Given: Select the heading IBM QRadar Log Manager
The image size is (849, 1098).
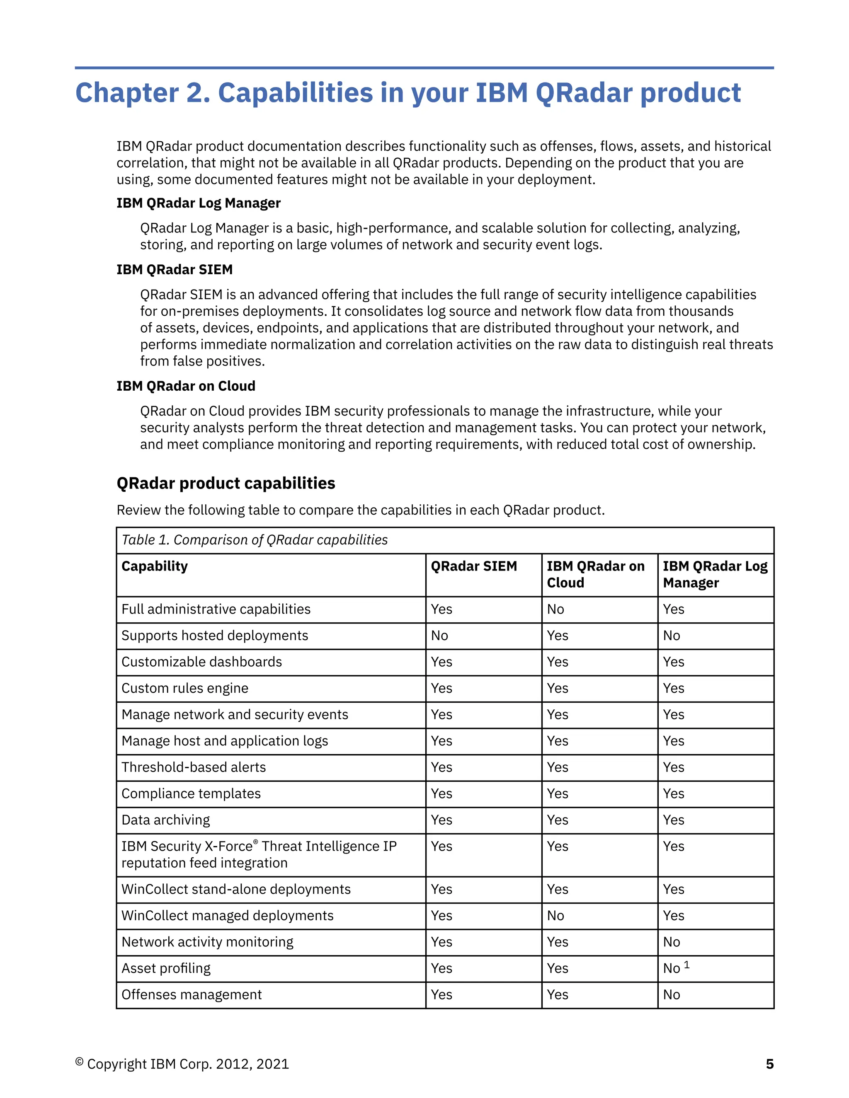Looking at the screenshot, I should pos(198,203).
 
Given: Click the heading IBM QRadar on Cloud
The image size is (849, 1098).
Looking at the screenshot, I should pos(186,386).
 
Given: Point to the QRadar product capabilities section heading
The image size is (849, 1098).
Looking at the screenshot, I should pos(226,483).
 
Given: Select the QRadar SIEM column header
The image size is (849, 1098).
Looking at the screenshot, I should pos(473,566).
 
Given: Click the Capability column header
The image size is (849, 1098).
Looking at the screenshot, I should pos(154,566).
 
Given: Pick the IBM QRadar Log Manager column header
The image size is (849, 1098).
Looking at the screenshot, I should pos(714,574).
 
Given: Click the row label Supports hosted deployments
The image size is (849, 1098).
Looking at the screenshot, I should pos(214,636).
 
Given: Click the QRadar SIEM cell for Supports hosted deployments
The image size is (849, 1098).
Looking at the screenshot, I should pos(439,636).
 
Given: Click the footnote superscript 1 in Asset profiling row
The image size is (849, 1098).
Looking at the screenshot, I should pos(686,965).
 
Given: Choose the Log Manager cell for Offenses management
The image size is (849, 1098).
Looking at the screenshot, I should pos(671,994).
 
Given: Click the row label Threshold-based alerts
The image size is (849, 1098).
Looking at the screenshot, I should pos(193,767).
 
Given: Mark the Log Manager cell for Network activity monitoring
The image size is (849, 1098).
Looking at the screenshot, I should pos(671,942).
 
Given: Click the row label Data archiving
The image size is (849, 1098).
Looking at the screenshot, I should pos(165,820).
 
